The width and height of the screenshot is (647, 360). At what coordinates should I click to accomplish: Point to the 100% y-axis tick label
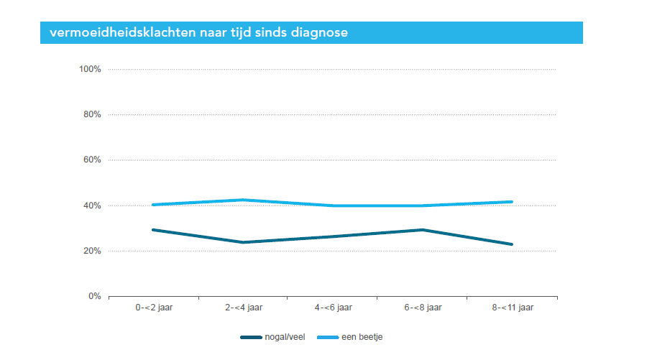coord(90,69)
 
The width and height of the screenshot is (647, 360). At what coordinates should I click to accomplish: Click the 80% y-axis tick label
coord(92,115)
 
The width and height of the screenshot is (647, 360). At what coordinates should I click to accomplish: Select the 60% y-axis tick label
coord(92,160)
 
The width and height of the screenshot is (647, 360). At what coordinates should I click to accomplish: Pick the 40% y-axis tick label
coord(92,206)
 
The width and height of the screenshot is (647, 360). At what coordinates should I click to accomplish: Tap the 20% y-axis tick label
coord(92,251)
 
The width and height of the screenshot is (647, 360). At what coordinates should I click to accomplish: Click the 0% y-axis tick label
coord(94,296)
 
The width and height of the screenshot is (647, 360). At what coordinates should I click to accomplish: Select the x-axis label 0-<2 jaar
coord(153,308)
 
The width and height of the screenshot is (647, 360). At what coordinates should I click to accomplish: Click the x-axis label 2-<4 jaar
coord(243,308)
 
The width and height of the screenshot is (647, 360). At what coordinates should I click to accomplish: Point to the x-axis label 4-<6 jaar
coord(333,308)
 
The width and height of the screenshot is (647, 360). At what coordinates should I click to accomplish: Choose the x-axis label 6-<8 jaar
coord(423,308)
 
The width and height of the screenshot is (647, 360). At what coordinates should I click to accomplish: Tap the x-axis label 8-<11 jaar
coord(513,308)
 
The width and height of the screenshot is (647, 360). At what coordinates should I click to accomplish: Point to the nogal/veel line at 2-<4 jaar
coord(243,242)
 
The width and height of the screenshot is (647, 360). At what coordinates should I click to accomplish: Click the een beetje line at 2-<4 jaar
coord(243,200)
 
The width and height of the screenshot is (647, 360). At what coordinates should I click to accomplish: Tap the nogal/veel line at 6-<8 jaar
coord(423,230)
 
